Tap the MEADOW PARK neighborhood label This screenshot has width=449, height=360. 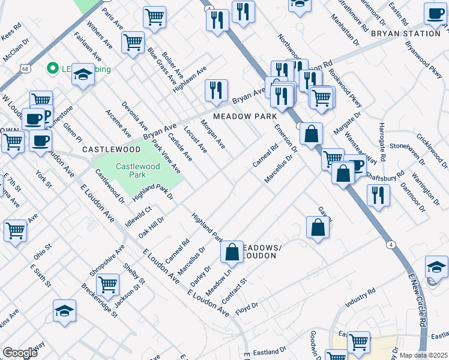point(245,116)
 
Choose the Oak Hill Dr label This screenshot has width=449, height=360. point(151,226)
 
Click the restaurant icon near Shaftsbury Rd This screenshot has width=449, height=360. point(378,195)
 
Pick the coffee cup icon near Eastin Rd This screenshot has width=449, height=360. point(435,13)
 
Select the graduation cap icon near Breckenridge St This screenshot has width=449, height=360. point(64,311)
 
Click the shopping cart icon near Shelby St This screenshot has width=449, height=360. point(107,284)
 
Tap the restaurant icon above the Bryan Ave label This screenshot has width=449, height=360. point(216,90)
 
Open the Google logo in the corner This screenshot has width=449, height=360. point(20,353)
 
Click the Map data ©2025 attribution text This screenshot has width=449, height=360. point(423,355)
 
